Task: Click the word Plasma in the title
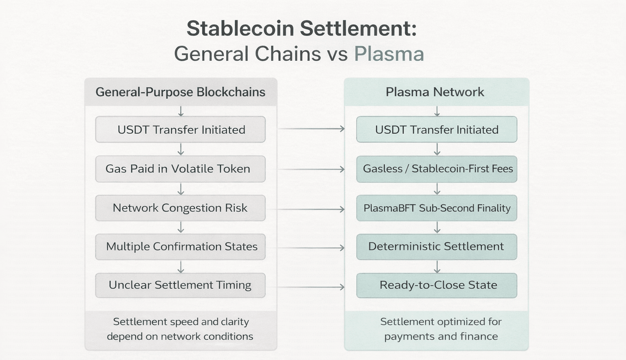pos(389,54)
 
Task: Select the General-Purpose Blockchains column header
pos(181,92)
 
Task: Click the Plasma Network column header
pos(436,92)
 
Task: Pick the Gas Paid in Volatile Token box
pos(180,169)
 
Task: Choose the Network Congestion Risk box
pos(180,208)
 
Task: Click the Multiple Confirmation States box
pos(180,247)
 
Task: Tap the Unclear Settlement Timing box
pos(180,285)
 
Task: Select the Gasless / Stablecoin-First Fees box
pos(436,169)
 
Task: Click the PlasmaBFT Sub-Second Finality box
pos(436,208)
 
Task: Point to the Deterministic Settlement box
pos(436,247)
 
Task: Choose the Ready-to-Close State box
pos(436,285)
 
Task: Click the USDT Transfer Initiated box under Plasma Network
pos(436,129)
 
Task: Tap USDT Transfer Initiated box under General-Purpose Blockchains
pos(180,129)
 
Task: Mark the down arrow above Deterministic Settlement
pos(437,227)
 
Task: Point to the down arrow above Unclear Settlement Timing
pos(181,267)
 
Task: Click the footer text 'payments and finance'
pos(441,336)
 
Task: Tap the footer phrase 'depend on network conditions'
pos(180,336)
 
